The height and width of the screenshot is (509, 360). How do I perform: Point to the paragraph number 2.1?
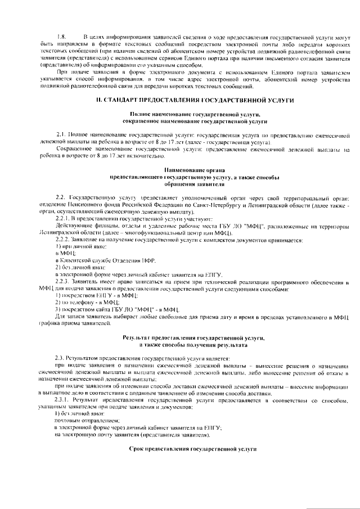(x=61, y=136)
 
